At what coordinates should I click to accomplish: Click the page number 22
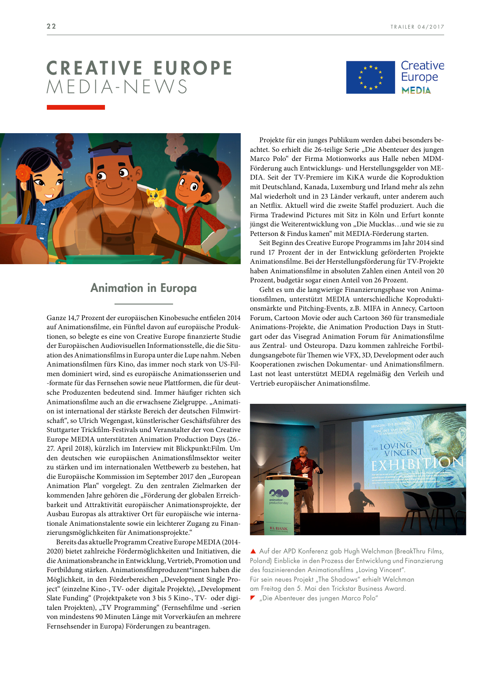[51, 26]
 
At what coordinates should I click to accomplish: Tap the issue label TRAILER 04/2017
[417, 27]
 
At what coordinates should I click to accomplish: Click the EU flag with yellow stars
[370, 77]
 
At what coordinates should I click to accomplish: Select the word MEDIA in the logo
[416, 91]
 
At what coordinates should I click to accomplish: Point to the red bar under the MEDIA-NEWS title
[75, 107]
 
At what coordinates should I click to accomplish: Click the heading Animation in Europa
[143, 288]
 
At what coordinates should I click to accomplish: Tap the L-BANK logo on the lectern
[279, 529]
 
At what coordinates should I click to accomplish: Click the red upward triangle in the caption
[253, 551]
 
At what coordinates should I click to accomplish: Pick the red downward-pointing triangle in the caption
[253, 598]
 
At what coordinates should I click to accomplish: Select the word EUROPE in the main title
[193, 69]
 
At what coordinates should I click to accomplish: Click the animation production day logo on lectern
[278, 497]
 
